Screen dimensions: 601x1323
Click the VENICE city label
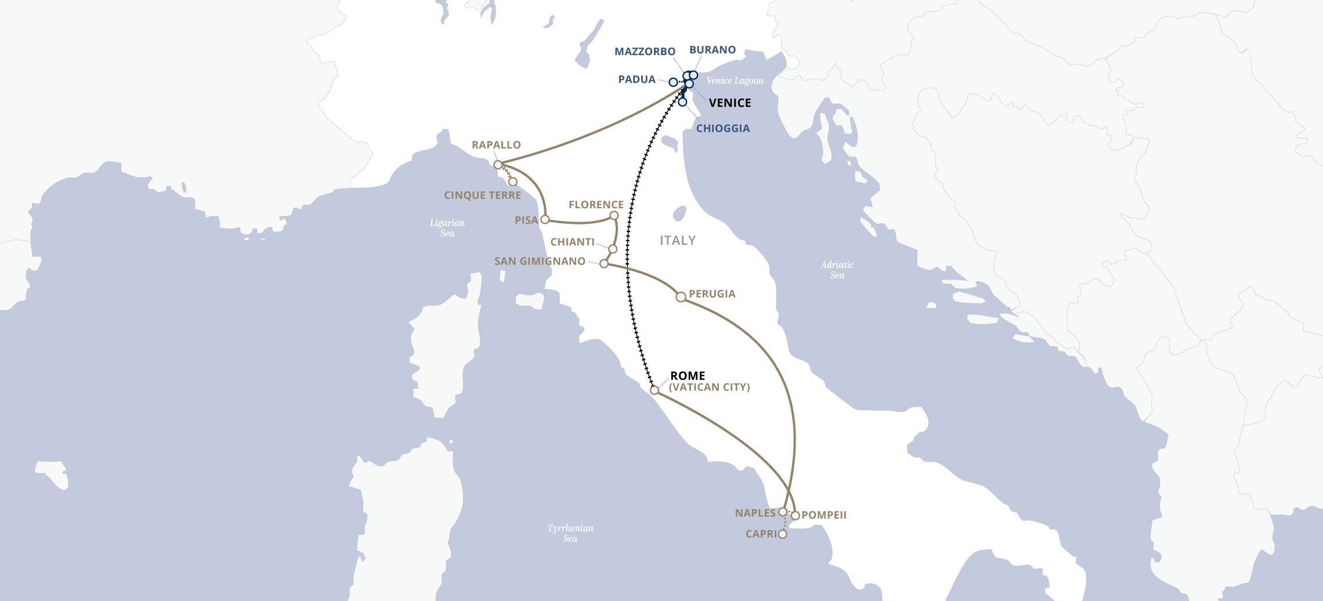(729, 103)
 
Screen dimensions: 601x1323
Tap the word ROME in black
(688, 376)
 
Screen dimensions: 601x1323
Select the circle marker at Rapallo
(498, 165)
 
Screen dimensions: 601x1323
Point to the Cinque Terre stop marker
(512, 182)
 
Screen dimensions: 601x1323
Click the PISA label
(526, 220)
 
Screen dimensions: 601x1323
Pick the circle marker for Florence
(614, 216)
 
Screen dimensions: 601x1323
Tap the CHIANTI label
(572, 242)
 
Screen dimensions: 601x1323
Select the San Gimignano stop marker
(604, 264)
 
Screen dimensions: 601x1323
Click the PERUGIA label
(712, 294)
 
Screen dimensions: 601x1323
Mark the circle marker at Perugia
(681, 297)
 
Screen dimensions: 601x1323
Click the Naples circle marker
(783, 512)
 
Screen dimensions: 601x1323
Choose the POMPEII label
(824, 515)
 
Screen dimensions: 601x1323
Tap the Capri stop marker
(783, 534)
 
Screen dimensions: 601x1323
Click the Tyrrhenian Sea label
(570, 533)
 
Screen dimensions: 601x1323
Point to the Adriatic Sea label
(837, 270)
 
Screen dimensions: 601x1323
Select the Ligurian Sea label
(447, 227)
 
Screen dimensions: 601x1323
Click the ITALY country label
(677, 240)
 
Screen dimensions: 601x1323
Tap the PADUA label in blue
(637, 79)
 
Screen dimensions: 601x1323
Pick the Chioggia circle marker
(682, 102)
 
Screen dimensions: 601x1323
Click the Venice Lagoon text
(735, 81)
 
